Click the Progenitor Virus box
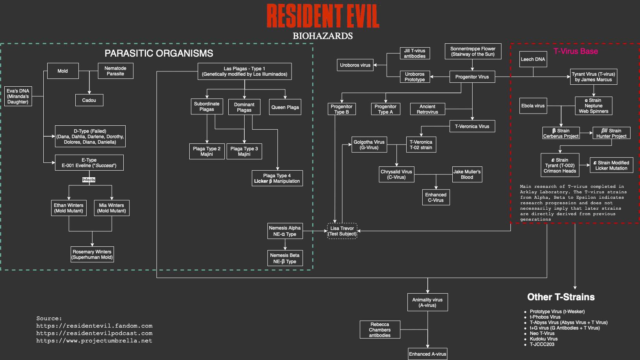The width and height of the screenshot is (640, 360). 472,77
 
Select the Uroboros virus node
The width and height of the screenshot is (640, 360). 355,65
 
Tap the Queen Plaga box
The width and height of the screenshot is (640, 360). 285,107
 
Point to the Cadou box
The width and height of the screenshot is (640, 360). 89,100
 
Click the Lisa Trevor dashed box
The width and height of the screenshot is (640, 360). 342,231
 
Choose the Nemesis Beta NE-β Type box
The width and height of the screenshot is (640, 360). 285,258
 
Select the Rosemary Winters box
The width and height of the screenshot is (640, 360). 92,255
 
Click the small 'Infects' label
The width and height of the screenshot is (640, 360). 89,180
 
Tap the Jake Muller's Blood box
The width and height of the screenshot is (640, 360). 467,175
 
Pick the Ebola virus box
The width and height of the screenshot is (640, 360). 533,106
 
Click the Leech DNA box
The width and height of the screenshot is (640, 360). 533,59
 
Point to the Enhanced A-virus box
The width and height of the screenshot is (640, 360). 427,354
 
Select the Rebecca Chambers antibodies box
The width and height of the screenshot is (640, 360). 380,330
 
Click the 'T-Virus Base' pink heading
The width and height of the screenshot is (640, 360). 575,51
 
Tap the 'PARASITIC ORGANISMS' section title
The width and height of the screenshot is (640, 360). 159,53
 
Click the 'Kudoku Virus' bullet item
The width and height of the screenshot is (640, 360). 543,339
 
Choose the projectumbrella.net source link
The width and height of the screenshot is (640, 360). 94,341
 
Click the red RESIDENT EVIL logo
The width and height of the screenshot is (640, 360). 323,16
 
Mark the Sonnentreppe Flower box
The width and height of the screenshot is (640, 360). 473,52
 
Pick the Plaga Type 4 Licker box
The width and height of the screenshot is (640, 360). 277,178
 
